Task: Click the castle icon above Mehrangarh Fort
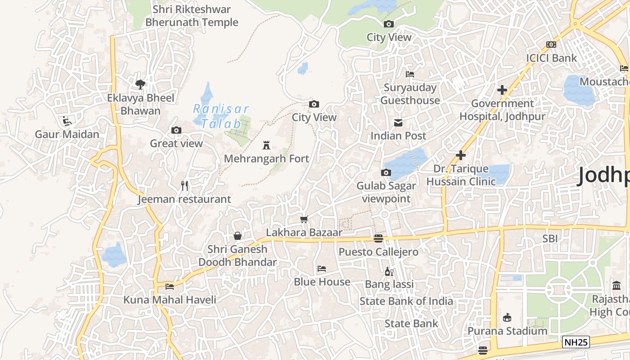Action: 266,145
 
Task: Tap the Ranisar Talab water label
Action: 220,116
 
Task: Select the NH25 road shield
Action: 576,342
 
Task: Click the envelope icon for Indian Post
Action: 398,122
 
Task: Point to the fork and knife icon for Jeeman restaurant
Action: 184,186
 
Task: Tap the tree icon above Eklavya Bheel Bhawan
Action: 140,84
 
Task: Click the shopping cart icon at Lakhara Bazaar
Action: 304,220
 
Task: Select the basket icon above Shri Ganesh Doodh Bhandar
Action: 238,236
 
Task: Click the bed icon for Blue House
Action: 322,269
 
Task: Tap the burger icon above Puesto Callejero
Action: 378,238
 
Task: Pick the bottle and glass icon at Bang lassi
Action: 389,271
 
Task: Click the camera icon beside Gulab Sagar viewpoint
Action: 386,172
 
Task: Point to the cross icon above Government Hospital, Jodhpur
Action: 502,90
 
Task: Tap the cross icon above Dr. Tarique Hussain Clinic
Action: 461,155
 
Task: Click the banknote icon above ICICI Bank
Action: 551,45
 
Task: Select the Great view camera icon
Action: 176,130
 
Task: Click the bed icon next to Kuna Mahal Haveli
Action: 170,286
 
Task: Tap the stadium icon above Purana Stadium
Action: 507,318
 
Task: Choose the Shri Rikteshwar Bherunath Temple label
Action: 192,16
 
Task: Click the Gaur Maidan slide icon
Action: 67,121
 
